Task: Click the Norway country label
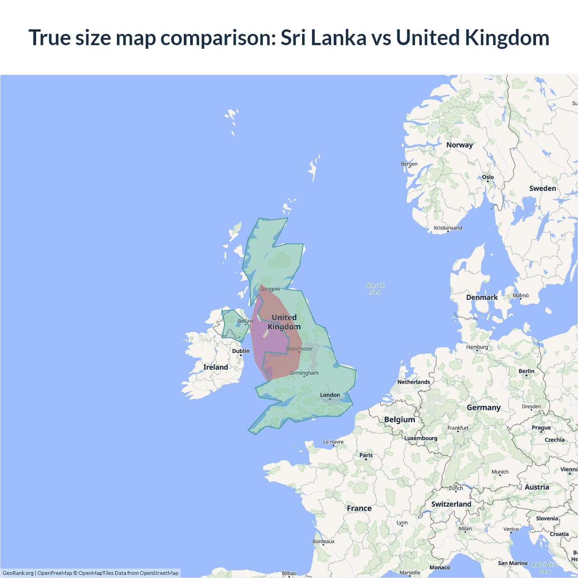tap(459, 145)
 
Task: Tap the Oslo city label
tap(488, 177)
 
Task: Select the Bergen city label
tap(409, 164)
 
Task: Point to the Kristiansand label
tap(448, 228)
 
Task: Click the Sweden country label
tap(542, 188)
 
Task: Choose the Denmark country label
tap(482, 297)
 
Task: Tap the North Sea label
tap(375, 289)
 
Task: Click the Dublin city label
tap(241, 351)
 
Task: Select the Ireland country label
tap(215, 367)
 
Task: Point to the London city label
tap(330, 395)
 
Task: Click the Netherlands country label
tap(414, 382)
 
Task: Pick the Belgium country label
tap(399, 420)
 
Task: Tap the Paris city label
tap(366, 455)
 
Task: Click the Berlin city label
tap(526, 371)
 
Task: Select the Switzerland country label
tap(451, 504)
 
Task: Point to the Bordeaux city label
tap(323, 541)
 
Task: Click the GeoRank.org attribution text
tap(18, 573)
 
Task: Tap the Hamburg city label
tap(477, 347)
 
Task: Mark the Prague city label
tap(541, 428)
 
